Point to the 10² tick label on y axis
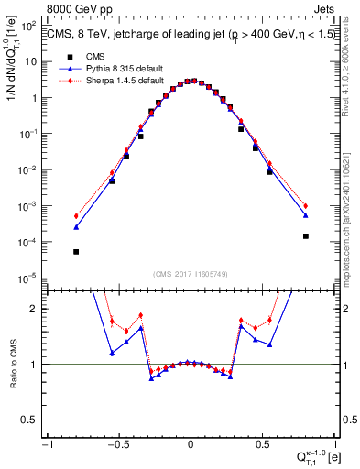[x=31, y=26]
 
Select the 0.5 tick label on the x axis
[x=262, y=443]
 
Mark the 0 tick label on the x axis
[x=191, y=443]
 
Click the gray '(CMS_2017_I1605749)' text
[x=191, y=273]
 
